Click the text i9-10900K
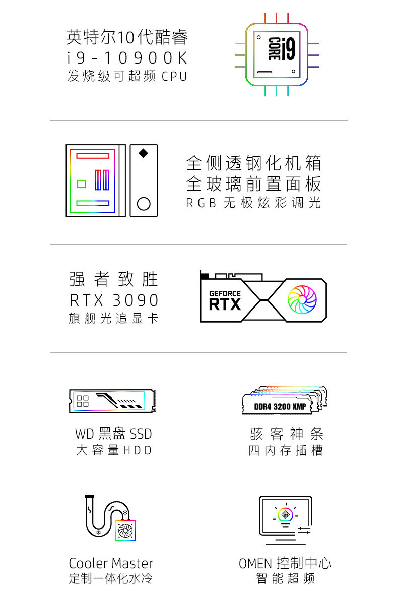[x=127, y=58]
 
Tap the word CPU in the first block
[x=174, y=77]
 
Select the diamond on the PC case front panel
[x=144, y=153]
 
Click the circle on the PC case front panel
[x=144, y=203]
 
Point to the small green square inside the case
[x=81, y=183]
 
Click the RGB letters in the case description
[x=201, y=203]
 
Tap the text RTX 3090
[x=114, y=300]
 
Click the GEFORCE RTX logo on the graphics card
[x=225, y=300]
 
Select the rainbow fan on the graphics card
[x=302, y=300]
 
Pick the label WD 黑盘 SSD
[x=113, y=434]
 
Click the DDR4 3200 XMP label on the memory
[x=280, y=406]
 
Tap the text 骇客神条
[x=286, y=434]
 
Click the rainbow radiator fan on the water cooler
[x=125, y=530]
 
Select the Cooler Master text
[x=111, y=563]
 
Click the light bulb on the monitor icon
[x=285, y=515]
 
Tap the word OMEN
[x=255, y=563]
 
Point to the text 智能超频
[x=285, y=578]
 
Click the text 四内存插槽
[x=285, y=450]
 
